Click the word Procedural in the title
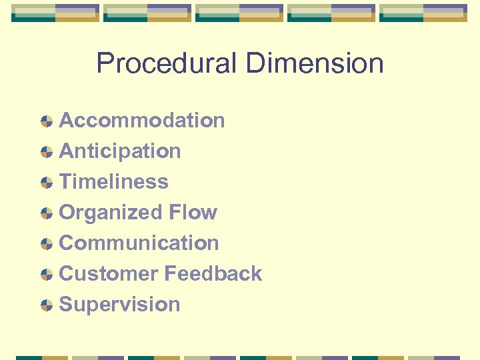(x=167, y=64)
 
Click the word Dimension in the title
(x=314, y=64)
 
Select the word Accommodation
(x=142, y=121)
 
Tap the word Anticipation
(x=120, y=151)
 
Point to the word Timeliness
(x=114, y=182)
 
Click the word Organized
(x=111, y=213)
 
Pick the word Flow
(x=193, y=213)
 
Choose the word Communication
(x=139, y=243)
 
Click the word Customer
(x=109, y=274)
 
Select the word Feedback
(x=213, y=274)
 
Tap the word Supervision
(x=120, y=305)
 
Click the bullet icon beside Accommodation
(x=46, y=121)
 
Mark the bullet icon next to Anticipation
(x=46, y=152)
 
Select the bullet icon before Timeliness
(x=46, y=183)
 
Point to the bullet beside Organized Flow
(x=46, y=213)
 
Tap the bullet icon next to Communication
(x=46, y=244)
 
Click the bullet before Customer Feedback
(x=46, y=275)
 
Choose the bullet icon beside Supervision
(x=46, y=305)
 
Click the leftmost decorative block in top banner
(x=55, y=13)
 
